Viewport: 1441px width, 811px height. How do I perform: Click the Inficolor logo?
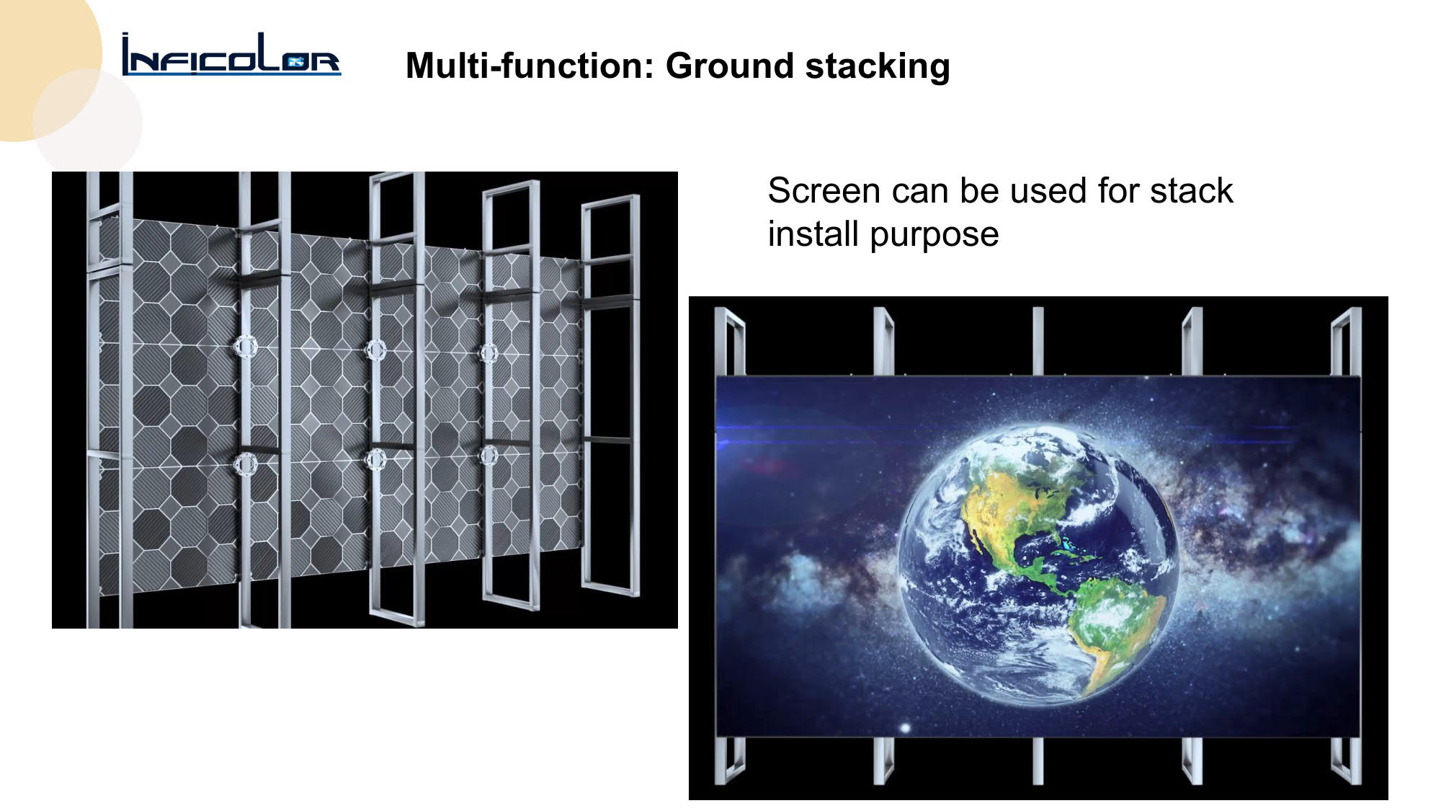point(231,55)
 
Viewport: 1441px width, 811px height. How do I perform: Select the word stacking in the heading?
point(878,67)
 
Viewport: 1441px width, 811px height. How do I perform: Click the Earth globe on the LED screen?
point(1038,563)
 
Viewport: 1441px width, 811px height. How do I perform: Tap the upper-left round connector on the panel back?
point(245,347)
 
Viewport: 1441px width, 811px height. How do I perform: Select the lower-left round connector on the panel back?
point(245,462)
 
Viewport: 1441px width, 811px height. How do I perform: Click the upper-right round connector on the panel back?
point(488,353)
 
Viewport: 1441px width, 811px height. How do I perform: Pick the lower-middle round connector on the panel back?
point(375,458)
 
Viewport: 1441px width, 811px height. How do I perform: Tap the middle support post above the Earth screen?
point(1038,341)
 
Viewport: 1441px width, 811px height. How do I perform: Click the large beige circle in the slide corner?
point(43,65)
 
